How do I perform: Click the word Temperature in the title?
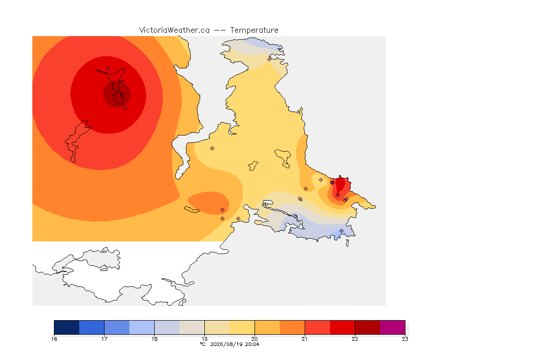point(254,30)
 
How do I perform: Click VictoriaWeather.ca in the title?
point(174,30)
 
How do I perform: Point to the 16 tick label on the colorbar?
point(54,339)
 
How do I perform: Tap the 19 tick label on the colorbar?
point(204,339)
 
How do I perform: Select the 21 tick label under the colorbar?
point(305,339)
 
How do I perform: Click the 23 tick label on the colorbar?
point(405,339)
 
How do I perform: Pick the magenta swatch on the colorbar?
point(393,327)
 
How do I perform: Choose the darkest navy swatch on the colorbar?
point(67,327)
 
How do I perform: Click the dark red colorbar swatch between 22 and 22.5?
point(367,327)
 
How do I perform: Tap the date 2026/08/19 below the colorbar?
point(226,344)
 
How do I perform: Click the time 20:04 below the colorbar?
point(252,344)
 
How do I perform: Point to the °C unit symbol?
point(202,344)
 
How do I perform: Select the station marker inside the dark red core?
point(122,94)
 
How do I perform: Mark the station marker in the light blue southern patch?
point(341,231)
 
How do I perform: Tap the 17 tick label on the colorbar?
point(105,339)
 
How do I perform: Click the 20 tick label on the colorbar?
point(255,339)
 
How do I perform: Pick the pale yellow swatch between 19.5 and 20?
point(242,327)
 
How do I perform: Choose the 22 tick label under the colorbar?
point(355,339)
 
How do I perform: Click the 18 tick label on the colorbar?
point(154,339)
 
